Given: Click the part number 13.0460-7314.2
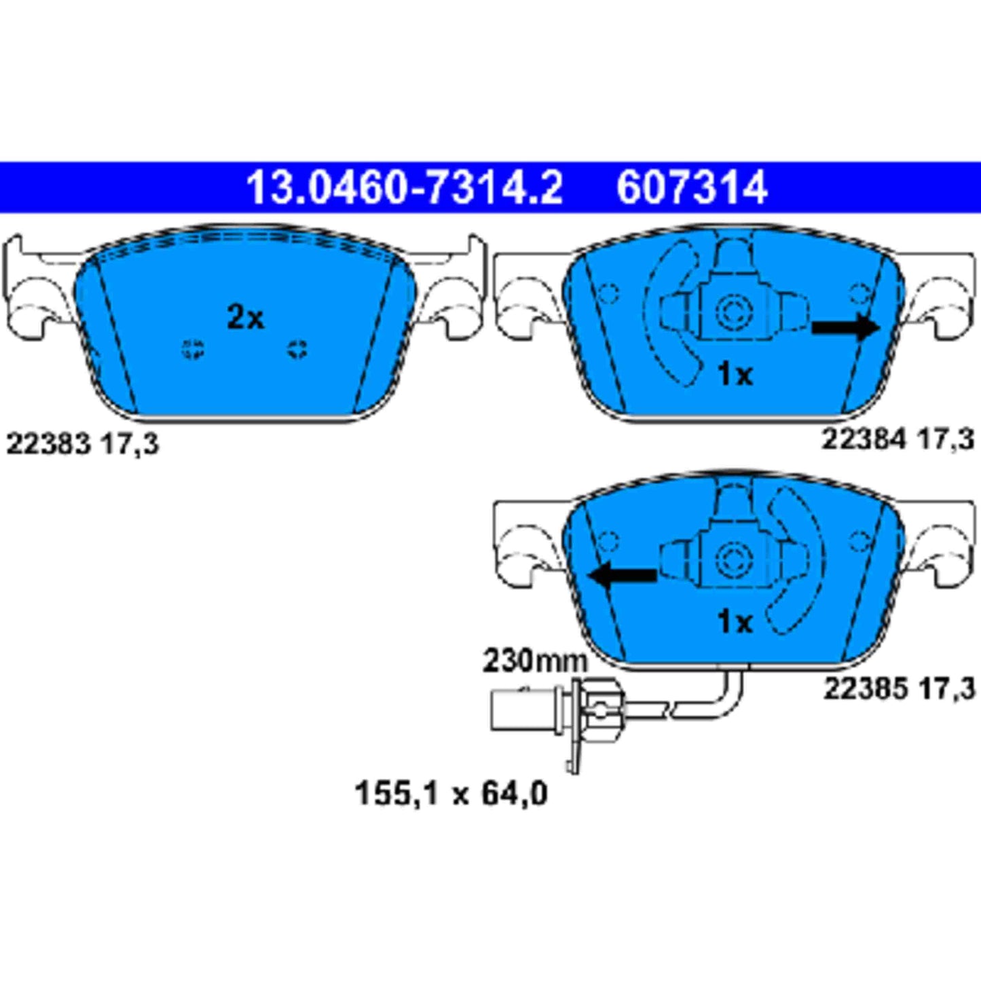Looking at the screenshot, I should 404,188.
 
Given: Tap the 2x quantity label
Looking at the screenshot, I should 245,317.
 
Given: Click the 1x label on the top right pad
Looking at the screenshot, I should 735,374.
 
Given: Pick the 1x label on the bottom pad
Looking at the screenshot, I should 735,621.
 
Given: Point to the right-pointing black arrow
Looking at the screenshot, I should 845,327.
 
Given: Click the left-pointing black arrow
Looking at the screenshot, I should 623,576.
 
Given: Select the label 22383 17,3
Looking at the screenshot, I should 82,445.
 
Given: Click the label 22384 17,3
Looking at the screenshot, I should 897,439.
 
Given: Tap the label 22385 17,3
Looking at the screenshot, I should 899,688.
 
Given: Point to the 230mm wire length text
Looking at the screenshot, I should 534,661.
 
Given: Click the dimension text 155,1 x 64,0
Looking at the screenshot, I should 451,794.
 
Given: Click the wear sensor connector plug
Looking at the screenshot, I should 523,710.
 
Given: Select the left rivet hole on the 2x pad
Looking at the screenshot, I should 193,350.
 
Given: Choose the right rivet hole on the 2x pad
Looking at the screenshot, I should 297,350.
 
